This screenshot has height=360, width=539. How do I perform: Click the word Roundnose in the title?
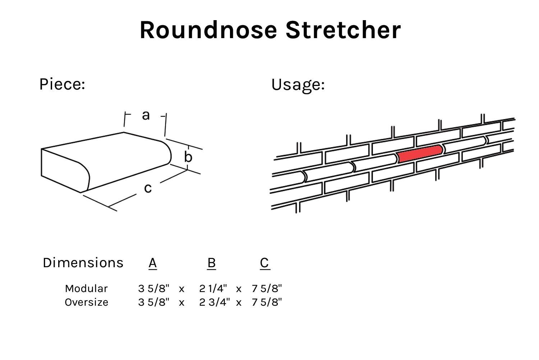tap(209, 30)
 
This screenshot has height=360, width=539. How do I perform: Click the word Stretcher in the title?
tap(343, 30)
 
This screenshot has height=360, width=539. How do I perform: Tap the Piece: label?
tap(62, 84)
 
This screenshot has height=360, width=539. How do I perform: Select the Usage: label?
tap(298, 85)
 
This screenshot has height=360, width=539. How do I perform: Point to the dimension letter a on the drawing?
tap(146, 115)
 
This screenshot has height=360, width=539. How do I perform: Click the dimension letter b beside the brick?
tap(188, 156)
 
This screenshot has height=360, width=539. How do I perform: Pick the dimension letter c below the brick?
tap(148, 188)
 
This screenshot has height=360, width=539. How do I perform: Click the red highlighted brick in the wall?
tap(420, 154)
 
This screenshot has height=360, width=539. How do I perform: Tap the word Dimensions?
tap(83, 263)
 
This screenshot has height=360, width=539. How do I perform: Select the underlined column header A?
tap(153, 263)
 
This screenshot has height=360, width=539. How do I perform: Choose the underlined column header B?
tap(212, 263)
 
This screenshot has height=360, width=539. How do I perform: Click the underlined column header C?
tap(264, 263)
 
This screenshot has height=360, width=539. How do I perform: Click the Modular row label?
tap(86, 288)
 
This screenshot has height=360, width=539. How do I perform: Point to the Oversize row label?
tap(86, 302)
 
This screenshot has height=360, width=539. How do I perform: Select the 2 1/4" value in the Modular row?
tap(213, 288)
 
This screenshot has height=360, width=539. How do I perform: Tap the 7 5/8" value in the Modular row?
tap(267, 288)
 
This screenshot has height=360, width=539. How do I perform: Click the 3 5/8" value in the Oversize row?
tap(153, 302)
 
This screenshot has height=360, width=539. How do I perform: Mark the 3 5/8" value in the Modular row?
tap(153, 288)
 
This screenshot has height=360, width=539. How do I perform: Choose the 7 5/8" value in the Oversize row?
tap(267, 302)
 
